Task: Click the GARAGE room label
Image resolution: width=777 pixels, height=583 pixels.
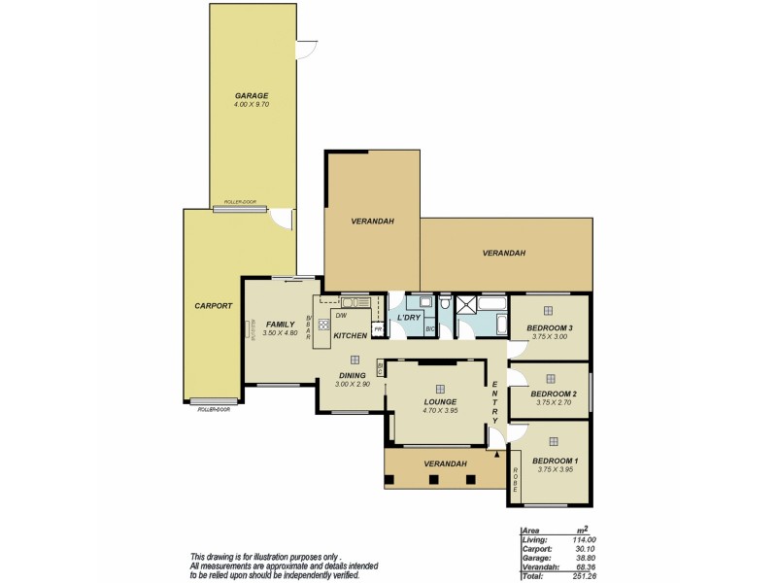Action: pos(251,95)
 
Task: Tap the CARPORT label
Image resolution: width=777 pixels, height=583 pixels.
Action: pos(213,305)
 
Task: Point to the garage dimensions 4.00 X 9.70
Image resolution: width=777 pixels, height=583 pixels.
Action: pos(251,104)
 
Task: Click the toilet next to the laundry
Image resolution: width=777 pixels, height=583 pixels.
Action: pos(446,305)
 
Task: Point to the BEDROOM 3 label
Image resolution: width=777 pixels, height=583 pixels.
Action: pos(550,328)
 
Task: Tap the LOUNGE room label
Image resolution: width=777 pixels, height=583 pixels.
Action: pos(440,401)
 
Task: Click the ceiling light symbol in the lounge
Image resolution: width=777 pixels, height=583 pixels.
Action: pos(440,388)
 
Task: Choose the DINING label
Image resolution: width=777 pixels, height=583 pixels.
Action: pos(353,375)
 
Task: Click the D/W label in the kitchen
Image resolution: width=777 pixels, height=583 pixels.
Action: pos(341,315)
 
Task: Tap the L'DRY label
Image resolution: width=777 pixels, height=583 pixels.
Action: pos(409,318)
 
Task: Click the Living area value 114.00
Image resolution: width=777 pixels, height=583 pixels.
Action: pos(582,539)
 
